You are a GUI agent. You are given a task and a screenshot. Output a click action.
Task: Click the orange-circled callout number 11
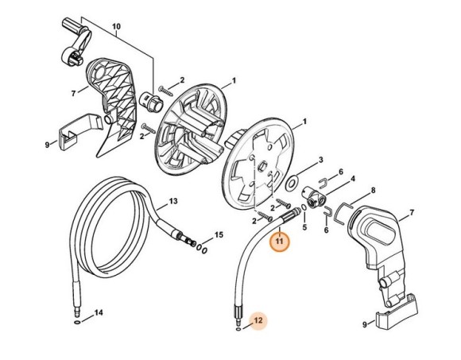click(279, 242)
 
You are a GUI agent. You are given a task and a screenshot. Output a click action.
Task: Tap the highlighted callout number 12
click(258, 320)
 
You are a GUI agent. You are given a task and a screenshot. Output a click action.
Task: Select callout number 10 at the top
click(116, 26)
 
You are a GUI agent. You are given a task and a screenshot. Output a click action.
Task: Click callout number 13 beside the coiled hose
click(173, 201)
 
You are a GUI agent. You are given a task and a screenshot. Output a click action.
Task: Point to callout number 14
click(99, 312)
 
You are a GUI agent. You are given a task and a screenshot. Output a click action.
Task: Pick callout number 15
click(219, 234)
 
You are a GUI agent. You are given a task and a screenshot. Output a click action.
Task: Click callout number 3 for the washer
click(321, 160)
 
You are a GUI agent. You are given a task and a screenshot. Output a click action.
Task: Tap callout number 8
click(373, 191)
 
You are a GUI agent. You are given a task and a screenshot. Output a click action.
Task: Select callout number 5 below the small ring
click(304, 227)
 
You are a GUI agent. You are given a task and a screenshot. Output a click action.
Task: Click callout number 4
click(353, 179)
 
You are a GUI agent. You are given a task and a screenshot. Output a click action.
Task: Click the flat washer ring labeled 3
click(292, 184)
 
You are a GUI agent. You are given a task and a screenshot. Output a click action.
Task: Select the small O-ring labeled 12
click(238, 330)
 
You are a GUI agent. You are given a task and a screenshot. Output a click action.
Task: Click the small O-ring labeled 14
click(77, 323)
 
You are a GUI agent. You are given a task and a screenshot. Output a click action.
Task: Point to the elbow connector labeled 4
click(313, 198)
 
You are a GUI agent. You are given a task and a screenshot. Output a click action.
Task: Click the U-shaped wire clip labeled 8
click(343, 213)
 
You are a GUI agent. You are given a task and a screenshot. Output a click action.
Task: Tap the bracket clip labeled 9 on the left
click(79, 131)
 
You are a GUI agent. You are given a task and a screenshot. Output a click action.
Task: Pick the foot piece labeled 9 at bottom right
click(397, 312)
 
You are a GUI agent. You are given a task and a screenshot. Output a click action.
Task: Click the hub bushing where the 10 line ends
click(150, 102)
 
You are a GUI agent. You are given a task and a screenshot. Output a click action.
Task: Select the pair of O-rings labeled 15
click(201, 249)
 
